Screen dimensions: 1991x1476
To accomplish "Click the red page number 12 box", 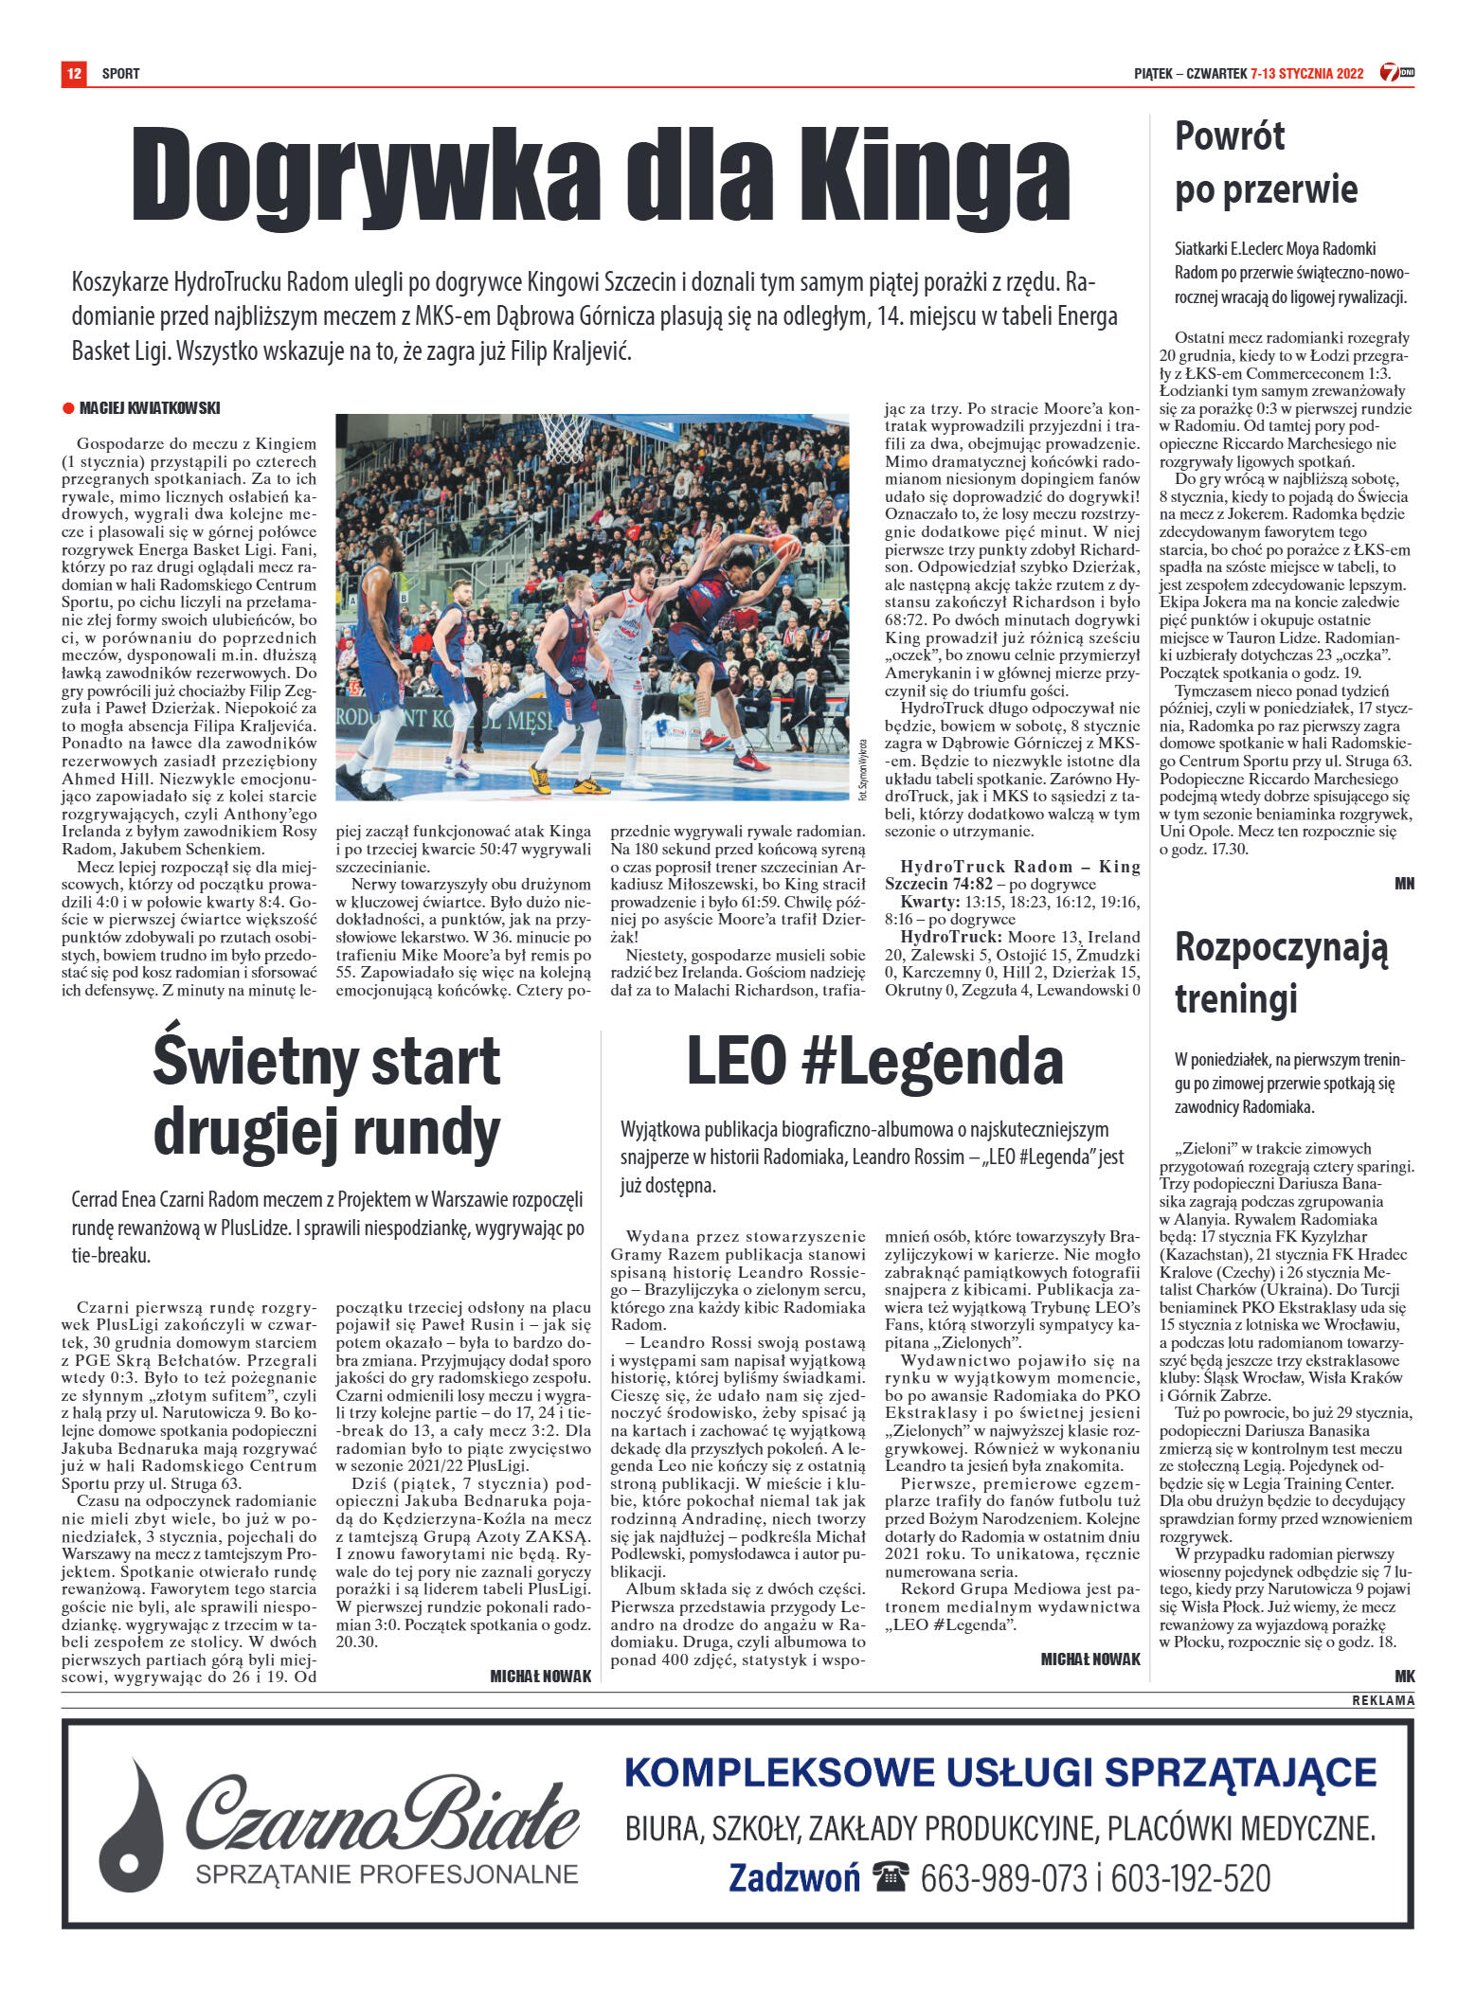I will [x=73, y=73].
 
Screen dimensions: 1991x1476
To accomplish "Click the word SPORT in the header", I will [x=120, y=73].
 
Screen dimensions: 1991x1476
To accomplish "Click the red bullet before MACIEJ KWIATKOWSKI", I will [x=68, y=408].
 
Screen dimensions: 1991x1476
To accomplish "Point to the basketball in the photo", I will [x=785, y=547].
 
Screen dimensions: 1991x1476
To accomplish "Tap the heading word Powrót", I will [x=1229, y=136].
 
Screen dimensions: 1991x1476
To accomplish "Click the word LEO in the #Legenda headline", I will [x=736, y=1061].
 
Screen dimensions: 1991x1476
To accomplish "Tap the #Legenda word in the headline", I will [x=931, y=1061].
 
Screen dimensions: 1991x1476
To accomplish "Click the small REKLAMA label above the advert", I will [x=1382, y=1700].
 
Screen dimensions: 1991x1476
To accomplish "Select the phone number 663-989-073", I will [x=1003, y=1878].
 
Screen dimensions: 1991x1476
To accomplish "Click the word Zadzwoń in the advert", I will [x=794, y=1878].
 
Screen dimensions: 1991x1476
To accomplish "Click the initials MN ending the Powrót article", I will [x=1403, y=883].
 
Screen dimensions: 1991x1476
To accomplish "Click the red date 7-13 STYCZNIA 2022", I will [x=1306, y=73].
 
